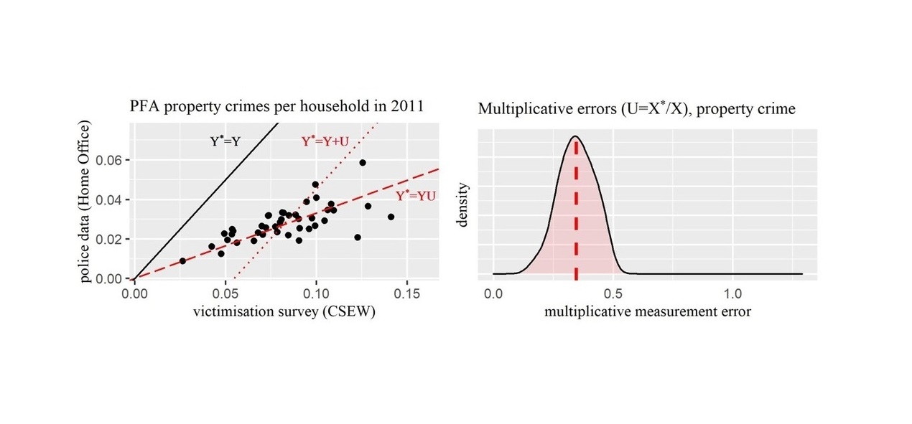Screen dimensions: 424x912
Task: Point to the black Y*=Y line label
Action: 225,142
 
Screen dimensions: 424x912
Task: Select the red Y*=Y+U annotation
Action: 325,142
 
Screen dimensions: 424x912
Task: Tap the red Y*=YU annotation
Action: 416,194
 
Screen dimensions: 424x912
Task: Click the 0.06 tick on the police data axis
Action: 113,159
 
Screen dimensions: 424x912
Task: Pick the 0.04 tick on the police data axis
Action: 113,199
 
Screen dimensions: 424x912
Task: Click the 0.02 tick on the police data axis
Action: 113,239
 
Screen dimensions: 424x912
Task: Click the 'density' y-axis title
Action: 463,204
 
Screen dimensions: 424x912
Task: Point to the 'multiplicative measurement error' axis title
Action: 648,312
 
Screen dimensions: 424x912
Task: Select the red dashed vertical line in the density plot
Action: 576,215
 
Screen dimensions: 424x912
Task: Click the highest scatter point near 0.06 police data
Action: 363,163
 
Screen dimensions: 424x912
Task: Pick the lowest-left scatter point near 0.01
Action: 182,261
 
